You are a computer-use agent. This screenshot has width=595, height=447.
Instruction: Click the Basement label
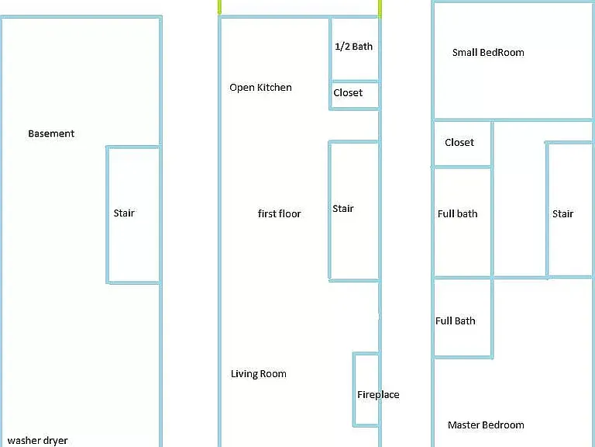click(x=51, y=133)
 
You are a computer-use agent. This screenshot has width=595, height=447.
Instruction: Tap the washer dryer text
click(x=37, y=440)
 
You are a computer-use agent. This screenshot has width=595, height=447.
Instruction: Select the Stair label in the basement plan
click(x=124, y=213)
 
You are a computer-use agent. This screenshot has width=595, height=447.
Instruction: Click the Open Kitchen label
click(x=260, y=88)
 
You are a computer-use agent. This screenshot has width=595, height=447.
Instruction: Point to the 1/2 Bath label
click(x=353, y=47)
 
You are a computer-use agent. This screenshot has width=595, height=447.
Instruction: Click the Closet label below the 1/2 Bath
click(x=348, y=93)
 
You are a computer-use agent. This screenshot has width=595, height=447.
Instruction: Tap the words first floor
click(x=279, y=213)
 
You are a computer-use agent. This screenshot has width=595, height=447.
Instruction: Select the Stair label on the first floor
click(x=343, y=208)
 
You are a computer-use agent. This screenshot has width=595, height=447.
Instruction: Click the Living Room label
click(x=259, y=373)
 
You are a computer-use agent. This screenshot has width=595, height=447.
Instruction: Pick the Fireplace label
click(x=378, y=394)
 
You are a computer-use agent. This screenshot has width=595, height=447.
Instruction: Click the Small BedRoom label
click(x=488, y=53)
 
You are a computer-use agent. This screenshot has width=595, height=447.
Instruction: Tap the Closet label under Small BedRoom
click(x=459, y=143)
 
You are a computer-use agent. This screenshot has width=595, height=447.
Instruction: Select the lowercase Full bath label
click(x=458, y=213)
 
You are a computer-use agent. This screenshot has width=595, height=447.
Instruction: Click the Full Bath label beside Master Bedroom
click(x=456, y=321)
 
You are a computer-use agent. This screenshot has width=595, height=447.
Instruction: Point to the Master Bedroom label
click(x=486, y=425)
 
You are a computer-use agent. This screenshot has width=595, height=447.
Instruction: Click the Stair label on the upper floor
click(x=562, y=213)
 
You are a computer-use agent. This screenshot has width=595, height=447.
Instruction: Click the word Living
click(x=242, y=374)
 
